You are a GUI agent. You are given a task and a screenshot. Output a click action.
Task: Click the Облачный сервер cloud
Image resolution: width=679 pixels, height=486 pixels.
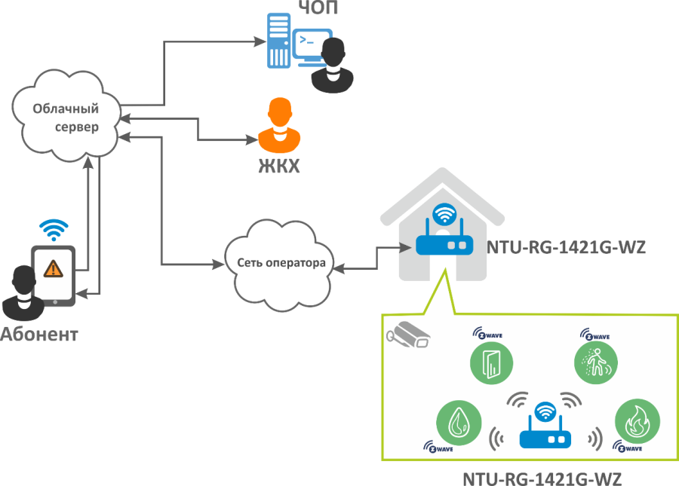click(x=66, y=117)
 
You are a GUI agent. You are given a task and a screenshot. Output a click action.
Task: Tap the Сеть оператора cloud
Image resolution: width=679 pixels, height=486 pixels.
click(x=281, y=263)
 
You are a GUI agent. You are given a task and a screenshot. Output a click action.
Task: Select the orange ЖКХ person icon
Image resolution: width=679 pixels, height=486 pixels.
click(x=279, y=127)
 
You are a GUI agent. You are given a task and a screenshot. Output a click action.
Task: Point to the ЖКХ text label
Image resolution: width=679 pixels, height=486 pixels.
click(x=275, y=165)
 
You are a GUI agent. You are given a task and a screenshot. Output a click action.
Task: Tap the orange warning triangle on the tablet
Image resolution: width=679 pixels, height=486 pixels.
click(x=52, y=267)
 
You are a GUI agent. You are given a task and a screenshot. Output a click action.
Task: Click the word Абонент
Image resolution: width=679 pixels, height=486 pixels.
click(x=39, y=334)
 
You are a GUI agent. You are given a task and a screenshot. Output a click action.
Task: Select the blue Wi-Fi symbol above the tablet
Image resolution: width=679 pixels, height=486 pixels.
click(x=54, y=228)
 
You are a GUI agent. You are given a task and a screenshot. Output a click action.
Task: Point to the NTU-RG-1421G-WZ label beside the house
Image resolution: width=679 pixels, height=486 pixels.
click(x=566, y=246)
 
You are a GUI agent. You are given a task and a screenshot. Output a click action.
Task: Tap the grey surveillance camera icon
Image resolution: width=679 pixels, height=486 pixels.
click(x=407, y=334)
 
